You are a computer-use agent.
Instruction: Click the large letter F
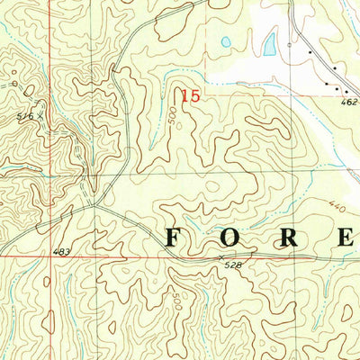point(174,238)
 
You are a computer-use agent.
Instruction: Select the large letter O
point(231,238)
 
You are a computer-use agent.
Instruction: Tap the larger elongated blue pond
point(269,43)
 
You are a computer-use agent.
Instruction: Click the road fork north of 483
point(95,204)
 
